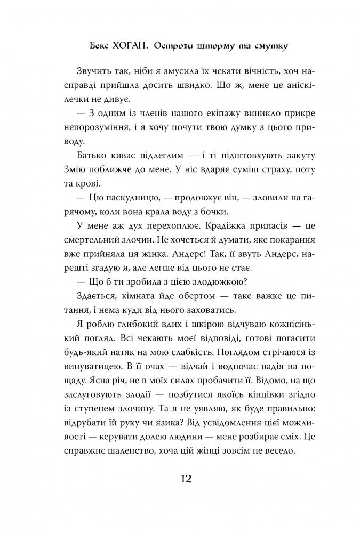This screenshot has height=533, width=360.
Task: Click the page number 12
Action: [180, 478]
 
